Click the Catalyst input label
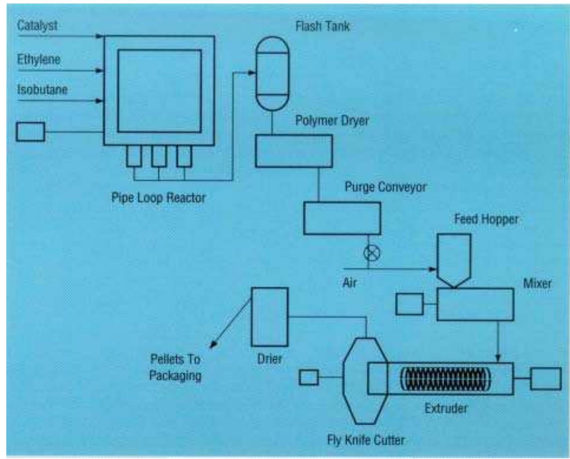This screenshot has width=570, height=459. pos(37,26)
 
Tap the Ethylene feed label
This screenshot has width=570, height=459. pos(38,60)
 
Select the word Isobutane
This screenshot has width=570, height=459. pos(42,90)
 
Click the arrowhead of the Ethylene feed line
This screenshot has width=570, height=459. pos(100,71)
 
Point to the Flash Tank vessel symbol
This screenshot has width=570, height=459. pos(272,74)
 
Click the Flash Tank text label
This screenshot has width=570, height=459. pos(322,26)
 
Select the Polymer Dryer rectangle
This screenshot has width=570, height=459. pos(294,151)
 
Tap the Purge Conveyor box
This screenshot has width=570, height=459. pos(342,219)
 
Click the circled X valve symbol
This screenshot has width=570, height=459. pos(372,253)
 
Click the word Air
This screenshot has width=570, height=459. pos(349,282)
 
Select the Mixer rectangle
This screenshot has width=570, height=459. pos(475,304)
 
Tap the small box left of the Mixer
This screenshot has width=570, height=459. pos(409,304)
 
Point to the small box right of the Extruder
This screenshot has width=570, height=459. pos(546,379)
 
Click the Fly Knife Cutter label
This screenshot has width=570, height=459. pos(366,440)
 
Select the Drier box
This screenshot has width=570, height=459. pos(270,317)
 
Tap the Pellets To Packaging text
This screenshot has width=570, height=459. pos(175,367)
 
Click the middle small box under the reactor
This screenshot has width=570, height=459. pos(159,156)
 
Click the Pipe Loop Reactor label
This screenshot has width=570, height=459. pos(158,197)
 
